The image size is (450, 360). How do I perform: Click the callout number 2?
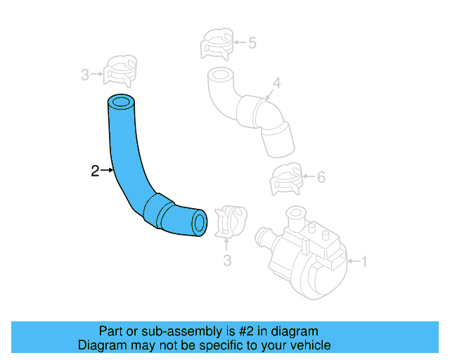[95, 170]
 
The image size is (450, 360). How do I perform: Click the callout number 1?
[364, 262]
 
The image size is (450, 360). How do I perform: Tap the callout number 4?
[277, 84]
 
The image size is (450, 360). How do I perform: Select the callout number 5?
[252, 43]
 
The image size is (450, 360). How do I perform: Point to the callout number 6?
[321, 177]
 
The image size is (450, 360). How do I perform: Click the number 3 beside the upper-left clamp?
[85, 74]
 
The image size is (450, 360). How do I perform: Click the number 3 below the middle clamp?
[227, 262]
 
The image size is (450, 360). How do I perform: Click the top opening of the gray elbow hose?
[219, 74]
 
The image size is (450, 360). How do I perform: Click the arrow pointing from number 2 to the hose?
[107, 170]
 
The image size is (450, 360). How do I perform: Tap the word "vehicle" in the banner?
[308, 345]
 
